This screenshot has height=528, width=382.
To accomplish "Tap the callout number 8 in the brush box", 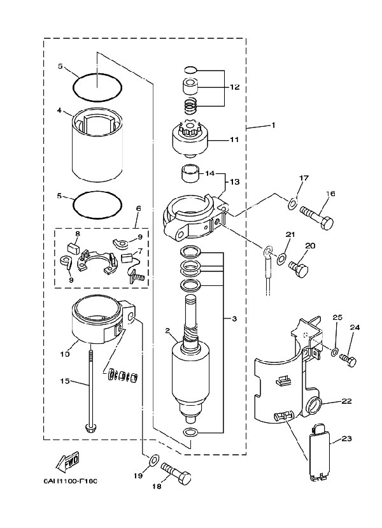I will [x=77, y=234].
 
